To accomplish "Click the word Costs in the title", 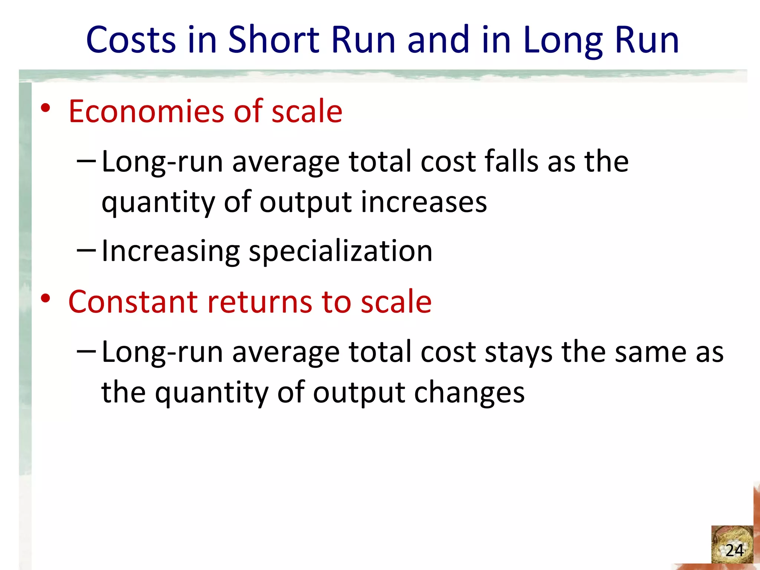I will pos(131,40).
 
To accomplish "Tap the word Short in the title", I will pos(273,40).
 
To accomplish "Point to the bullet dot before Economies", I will pos(45,108).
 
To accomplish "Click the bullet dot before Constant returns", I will pos(45,298).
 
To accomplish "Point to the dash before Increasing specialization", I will pos(86,250).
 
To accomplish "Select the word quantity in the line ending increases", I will pos(158,203).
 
